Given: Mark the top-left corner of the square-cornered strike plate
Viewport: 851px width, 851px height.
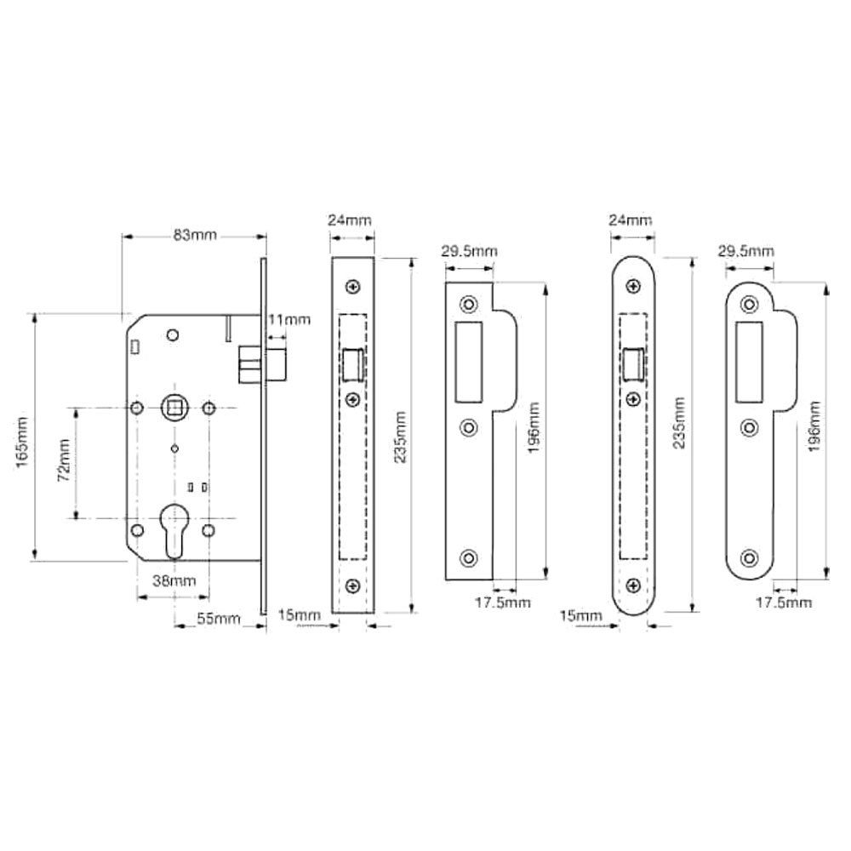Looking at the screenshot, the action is click(446, 283).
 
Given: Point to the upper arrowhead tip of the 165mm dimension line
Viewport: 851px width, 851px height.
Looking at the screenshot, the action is click(34, 315).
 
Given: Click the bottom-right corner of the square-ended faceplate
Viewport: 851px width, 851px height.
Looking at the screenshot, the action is click(374, 614).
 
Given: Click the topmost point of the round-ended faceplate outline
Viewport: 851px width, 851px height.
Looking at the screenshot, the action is click(633, 257).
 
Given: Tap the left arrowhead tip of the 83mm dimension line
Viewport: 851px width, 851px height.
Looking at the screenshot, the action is click(123, 237).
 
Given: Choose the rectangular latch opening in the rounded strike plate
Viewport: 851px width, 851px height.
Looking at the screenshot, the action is click(749, 363).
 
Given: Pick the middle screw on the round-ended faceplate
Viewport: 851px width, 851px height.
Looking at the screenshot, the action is click(633, 399).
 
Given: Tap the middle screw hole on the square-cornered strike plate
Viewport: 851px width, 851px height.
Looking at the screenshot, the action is click(469, 428).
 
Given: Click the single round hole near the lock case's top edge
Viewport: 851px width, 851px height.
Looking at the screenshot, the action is click(173, 334).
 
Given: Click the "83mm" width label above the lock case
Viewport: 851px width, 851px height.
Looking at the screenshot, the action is click(195, 235).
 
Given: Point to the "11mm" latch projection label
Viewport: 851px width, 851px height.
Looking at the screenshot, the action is click(289, 320).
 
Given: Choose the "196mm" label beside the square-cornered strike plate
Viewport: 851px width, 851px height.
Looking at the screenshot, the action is click(534, 428).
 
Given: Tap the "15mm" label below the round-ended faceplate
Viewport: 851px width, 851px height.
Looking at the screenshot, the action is click(580, 615).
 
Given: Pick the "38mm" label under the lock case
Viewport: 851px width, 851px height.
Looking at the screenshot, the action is click(174, 580).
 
